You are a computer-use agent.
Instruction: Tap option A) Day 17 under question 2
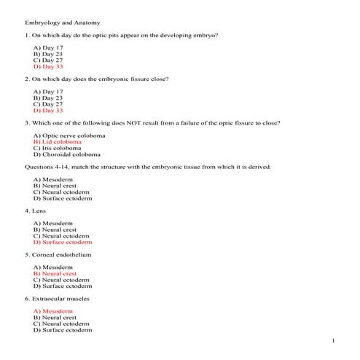47,93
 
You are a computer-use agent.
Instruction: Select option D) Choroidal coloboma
67,154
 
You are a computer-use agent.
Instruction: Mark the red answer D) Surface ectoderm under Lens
63,242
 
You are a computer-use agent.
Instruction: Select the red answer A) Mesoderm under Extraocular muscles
53,311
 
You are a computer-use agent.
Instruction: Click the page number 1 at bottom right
333,341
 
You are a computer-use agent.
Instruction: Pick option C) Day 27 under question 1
47,60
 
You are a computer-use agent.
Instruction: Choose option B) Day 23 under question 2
47,98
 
